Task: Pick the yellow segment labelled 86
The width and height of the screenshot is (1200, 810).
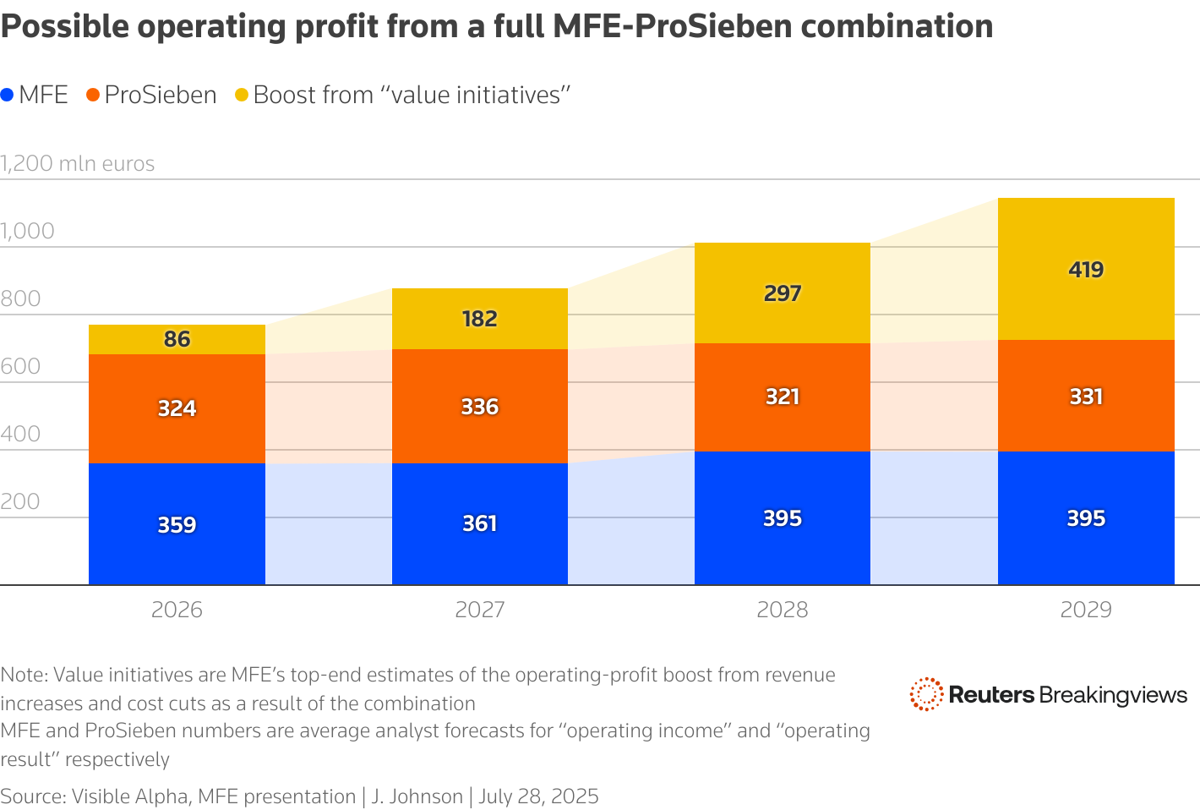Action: pyautogui.click(x=177, y=339)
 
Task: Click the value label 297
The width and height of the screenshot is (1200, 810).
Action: pyautogui.click(x=783, y=293)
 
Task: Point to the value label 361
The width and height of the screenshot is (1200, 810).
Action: pyautogui.click(x=479, y=523)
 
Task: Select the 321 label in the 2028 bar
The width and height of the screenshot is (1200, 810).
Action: pyautogui.click(x=783, y=397)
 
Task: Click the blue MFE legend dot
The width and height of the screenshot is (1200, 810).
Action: pyautogui.click(x=8, y=96)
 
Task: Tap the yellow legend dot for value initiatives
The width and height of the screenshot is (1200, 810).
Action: pyautogui.click(x=242, y=96)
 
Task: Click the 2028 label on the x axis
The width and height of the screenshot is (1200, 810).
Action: pyautogui.click(x=783, y=610)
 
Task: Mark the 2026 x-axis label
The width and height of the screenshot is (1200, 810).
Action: pyautogui.click(x=177, y=610)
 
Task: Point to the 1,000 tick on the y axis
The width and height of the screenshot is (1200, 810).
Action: pyautogui.click(x=28, y=231)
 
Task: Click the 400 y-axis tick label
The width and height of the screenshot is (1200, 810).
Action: pyautogui.click(x=21, y=434)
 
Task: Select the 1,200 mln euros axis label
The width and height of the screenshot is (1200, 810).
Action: pyautogui.click(x=78, y=163)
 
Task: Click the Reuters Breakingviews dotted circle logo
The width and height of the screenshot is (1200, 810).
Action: pyautogui.click(x=926, y=694)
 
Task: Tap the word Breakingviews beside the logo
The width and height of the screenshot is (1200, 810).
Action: pyautogui.click(x=1113, y=695)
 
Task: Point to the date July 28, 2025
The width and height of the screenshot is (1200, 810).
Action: pyautogui.click(x=539, y=796)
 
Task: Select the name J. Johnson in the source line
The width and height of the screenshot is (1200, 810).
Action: pyautogui.click(x=417, y=796)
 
